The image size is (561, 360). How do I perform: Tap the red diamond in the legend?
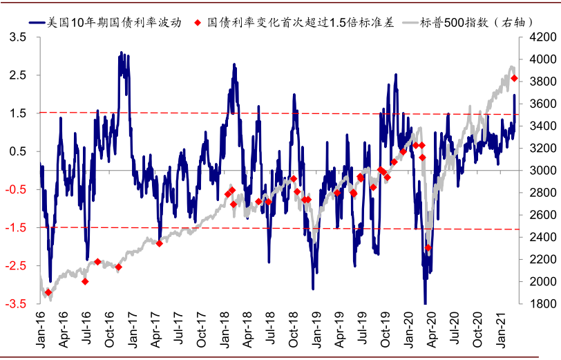[199, 21]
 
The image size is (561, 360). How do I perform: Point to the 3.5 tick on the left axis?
[19, 38]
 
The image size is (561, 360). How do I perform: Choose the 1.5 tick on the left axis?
[19, 113]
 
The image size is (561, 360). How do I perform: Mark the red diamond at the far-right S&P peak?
[514, 78]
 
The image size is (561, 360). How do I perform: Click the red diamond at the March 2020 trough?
[428, 247]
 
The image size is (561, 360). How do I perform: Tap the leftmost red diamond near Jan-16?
[48, 292]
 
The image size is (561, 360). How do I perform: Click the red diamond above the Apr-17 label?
[160, 243]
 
